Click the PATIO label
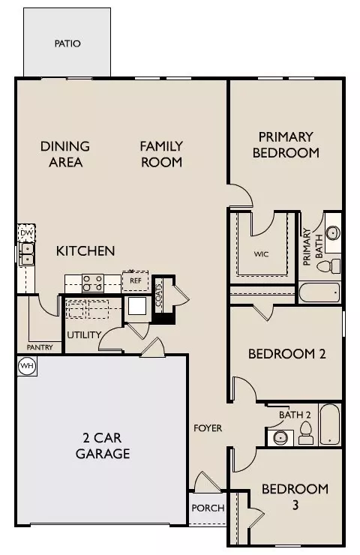(67, 43)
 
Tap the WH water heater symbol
(26, 365)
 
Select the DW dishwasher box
(26, 234)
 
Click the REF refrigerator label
(136, 280)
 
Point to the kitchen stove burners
(92, 282)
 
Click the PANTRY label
(39, 347)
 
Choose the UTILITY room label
(84, 334)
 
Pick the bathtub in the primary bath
(320, 292)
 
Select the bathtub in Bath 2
(330, 425)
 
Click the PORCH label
(208, 508)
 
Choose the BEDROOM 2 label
(286, 354)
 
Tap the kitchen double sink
(26, 254)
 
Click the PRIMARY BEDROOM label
(286, 145)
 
